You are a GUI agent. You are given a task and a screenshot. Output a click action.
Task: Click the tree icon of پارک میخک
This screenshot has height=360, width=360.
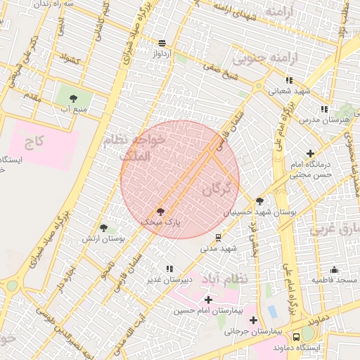[160, 211]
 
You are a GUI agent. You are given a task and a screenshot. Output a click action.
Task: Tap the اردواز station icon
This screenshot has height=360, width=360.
[162, 43]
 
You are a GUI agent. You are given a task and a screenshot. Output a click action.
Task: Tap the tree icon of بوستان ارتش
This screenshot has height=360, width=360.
[104, 229]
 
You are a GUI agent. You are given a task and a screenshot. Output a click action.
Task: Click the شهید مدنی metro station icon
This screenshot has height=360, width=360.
[219, 237]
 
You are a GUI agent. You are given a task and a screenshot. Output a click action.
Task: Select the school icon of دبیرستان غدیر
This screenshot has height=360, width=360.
[169, 269]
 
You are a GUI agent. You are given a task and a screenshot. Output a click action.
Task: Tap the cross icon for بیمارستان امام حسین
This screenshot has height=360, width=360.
[208, 300]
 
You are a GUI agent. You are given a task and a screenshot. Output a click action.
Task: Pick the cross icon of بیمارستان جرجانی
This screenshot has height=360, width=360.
[252, 321]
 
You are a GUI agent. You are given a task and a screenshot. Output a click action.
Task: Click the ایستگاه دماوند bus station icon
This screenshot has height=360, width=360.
[297, 337]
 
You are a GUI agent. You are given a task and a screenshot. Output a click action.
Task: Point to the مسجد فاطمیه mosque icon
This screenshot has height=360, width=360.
[334, 269]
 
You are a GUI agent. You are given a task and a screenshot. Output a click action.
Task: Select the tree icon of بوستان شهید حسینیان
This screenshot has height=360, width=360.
[259, 201]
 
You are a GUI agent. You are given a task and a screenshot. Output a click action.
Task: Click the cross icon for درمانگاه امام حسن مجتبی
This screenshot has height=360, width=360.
[310, 153]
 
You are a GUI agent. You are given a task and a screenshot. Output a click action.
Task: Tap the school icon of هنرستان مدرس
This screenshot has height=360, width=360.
[323, 109]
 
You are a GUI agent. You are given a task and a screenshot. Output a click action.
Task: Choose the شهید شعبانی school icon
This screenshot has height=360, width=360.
[289, 80]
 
